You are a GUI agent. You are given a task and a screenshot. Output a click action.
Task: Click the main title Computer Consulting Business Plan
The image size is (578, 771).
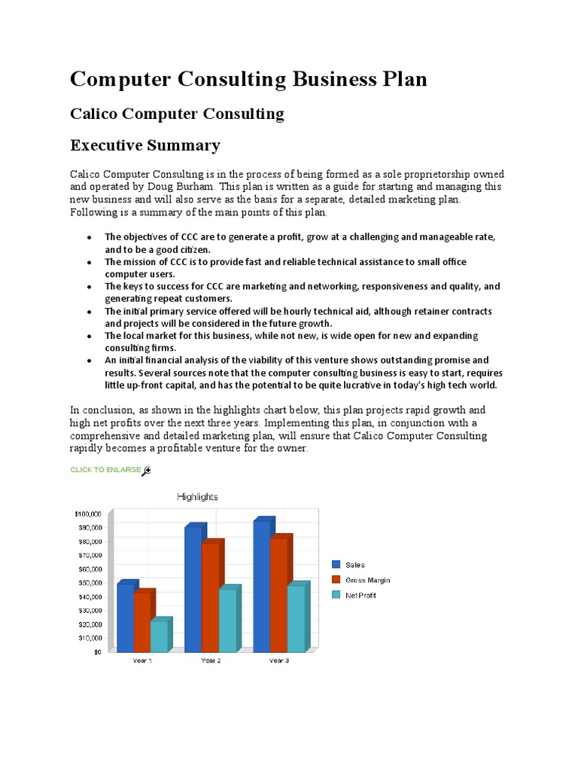point(248,79)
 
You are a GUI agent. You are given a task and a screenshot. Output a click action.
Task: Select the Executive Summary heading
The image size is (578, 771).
point(144,145)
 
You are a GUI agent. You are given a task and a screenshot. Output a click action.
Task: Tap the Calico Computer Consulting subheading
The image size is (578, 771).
point(177,114)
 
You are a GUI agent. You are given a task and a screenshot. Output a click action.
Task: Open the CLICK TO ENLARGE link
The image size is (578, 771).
point(105,470)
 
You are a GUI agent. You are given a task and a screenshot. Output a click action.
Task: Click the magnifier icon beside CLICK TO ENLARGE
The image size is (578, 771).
point(147,471)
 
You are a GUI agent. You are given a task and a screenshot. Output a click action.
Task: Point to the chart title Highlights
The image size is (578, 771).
point(197,497)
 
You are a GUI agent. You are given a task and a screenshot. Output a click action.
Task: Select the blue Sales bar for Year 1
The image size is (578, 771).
point(125,617)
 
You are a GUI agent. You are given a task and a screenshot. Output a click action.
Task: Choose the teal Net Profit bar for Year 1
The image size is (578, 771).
point(158,635)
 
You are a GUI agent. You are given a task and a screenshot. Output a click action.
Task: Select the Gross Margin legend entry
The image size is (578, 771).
point(367,580)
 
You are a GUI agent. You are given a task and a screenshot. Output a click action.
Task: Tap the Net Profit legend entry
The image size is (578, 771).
point(360,596)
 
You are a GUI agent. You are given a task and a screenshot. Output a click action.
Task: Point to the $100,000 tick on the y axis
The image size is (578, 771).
point(88,513)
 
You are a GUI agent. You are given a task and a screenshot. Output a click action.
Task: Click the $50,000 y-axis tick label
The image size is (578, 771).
point(90,583)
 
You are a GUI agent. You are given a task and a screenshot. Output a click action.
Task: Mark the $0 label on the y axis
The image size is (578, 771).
point(97,652)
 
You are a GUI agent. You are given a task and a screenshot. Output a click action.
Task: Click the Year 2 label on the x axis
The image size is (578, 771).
point(211,660)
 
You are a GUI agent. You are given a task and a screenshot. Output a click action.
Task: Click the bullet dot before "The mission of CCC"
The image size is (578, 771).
point(89,262)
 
